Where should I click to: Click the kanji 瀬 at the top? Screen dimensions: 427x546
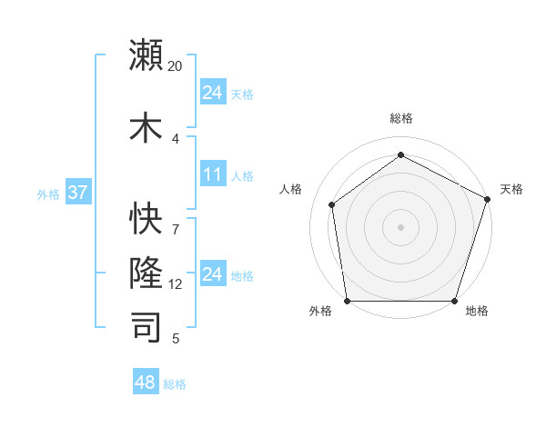(147, 55)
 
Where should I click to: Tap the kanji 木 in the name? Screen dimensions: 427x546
(147, 127)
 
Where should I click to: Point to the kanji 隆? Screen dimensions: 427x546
(147, 273)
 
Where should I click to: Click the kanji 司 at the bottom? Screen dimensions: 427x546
(147, 326)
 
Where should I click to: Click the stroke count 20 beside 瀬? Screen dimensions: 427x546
(176, 66)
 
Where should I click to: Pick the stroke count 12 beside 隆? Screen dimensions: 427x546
(176, 284)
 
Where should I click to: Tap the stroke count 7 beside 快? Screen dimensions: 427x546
(176, 219)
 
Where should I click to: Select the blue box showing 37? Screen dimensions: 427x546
(77, 194)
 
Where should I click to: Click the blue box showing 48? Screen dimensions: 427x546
(146, 382)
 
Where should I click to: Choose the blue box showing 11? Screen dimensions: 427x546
(213, 174)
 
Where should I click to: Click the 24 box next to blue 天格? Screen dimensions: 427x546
(213, 93)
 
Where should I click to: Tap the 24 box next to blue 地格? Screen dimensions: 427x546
(213, 274)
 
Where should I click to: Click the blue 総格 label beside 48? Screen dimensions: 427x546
(175, 384)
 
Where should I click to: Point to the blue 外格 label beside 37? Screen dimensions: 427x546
(47, 194)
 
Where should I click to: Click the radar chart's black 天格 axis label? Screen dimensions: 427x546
(511, 189)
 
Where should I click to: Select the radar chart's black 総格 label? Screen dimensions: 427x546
(401, 118)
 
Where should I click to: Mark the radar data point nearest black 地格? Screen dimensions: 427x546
(455, 301)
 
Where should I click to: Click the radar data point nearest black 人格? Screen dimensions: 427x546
(332, 204)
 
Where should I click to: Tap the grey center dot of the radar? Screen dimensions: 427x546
(401, 226)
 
